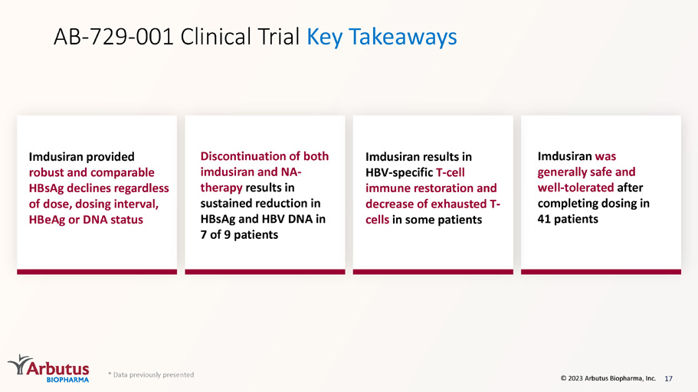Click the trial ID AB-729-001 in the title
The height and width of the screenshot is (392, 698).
coord(113,37)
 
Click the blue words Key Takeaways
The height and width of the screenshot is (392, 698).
coord(382,38)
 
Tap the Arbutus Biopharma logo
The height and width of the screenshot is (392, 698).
coord(48,368)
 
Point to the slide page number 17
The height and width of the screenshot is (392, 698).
coord(668,379)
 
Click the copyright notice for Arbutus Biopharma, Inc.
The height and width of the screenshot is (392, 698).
coord(608,378)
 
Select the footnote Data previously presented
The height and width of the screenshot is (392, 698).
coord(152,374)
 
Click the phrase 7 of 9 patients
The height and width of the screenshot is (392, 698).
coord(239,234)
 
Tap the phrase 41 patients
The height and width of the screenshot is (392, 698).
coord(568,219)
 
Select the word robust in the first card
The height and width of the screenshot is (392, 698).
coord(46,172)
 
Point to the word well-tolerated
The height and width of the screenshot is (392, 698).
coord(575,188)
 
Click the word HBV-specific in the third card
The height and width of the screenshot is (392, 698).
coord(399,172)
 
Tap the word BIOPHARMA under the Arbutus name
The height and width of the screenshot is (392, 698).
coord(67,380)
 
